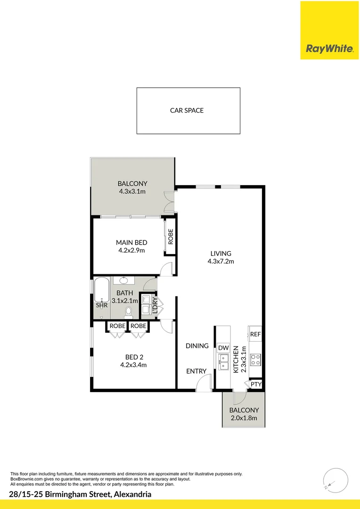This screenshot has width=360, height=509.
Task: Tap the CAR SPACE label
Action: [187, 111]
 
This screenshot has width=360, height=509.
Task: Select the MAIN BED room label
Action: [131, 243]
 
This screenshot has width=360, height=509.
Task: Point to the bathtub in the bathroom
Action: [101, 290]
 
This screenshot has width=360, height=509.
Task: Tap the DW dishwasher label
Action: [223, 348]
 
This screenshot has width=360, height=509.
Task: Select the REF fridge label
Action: [255, 334]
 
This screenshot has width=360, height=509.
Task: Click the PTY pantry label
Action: [256, 385]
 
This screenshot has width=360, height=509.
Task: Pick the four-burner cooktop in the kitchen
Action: [255, 360]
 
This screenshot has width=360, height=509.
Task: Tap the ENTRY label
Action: [196, 371]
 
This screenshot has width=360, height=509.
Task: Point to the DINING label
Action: [197, 346]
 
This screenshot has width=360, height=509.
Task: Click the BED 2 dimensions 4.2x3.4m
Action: [132, 364]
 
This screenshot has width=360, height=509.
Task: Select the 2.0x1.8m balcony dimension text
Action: [244, 418]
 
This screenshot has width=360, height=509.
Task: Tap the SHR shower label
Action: [102, 305]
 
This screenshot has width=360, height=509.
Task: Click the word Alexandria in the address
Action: [132, 494]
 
